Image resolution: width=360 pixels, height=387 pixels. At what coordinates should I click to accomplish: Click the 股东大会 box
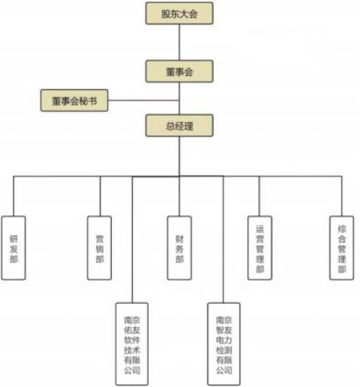click(179, 14)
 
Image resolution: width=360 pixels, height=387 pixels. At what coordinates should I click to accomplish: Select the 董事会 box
click(179, 71)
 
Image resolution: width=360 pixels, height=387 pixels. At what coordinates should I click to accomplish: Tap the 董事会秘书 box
click(74, 101)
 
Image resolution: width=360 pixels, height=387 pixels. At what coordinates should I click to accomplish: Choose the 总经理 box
click(179, 125)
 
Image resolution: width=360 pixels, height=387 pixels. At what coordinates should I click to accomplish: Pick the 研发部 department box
click(14, 248)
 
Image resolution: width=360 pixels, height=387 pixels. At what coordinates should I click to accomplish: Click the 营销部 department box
click(99, 248)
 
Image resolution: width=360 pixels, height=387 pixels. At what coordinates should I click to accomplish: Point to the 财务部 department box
click(179, 248)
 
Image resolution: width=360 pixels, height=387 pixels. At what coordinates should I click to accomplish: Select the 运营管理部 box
click(260, 248)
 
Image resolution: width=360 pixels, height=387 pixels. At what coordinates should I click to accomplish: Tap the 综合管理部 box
click(341, 248)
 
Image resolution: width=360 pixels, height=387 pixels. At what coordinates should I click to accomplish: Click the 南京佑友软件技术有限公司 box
click(132, 344)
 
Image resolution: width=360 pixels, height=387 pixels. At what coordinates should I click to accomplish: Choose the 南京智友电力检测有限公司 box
click(224, 344)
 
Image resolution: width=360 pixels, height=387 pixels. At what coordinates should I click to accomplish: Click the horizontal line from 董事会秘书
click(144, 101)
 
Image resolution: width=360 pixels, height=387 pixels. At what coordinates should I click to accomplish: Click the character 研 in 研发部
click(14, 239)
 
